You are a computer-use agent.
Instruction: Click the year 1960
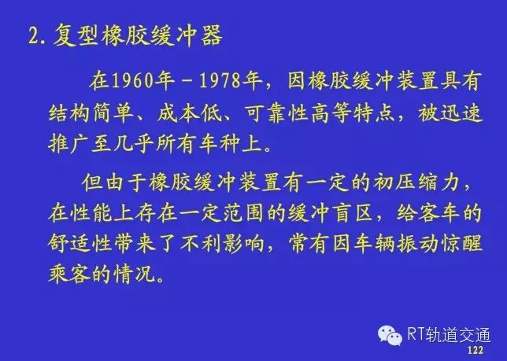tap(131, 81)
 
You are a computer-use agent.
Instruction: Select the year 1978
tap(220, 81)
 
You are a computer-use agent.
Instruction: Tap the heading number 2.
tap(35, 36)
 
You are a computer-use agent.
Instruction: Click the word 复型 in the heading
tap(76, 35)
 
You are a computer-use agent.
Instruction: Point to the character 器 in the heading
tap(211, 35)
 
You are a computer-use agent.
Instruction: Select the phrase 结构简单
tap(91, 114)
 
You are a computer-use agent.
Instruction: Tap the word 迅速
tap(461, 114)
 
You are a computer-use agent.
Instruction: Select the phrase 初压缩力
tap(416, 182)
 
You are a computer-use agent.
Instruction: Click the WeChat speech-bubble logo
tap(390, 335)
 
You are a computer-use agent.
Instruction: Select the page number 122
tap(475, 350)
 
